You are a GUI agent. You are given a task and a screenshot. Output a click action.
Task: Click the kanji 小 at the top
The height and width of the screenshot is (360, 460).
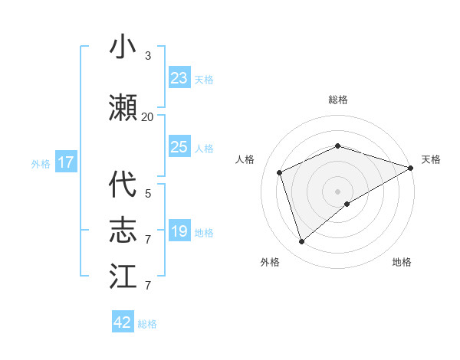(x=123, y=47)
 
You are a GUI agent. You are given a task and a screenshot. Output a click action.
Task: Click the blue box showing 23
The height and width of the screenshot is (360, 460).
(x=179, y=78)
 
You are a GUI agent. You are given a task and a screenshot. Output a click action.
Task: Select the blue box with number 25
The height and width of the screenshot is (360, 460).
(x=179, y=147)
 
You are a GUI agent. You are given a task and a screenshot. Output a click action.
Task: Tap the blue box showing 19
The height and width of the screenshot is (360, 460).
(x=179, y=231)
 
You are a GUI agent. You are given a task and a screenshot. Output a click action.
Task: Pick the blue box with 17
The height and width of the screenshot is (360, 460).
(x=65, y=162)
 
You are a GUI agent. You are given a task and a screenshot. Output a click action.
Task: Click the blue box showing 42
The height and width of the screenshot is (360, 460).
(x=123, y=322)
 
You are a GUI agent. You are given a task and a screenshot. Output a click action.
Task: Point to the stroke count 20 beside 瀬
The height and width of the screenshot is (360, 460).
(x=148, y=117)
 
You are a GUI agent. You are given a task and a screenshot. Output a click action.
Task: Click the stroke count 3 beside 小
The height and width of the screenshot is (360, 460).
(x=148, y=56)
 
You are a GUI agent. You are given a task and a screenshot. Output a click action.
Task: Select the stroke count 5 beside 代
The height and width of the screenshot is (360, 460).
(x=148, y=194)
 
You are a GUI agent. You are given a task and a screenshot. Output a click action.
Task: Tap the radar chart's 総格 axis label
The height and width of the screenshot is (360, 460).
(x=338, y=100)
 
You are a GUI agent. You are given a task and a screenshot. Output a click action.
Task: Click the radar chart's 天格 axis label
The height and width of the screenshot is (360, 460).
(x=431, y=159)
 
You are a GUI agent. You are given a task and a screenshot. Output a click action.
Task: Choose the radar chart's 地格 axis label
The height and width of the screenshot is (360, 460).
(x=402, y=262)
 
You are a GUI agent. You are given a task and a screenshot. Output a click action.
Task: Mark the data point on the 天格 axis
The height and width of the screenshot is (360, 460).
(x=411, y=167)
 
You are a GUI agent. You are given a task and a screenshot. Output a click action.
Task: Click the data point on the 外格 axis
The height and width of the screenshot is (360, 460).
(x=301, y=242)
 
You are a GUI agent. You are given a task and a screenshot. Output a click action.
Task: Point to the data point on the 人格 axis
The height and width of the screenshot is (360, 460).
(x=280, y=172)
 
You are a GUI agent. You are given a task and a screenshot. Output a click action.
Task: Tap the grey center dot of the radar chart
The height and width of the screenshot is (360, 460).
(x=338, y=191)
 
